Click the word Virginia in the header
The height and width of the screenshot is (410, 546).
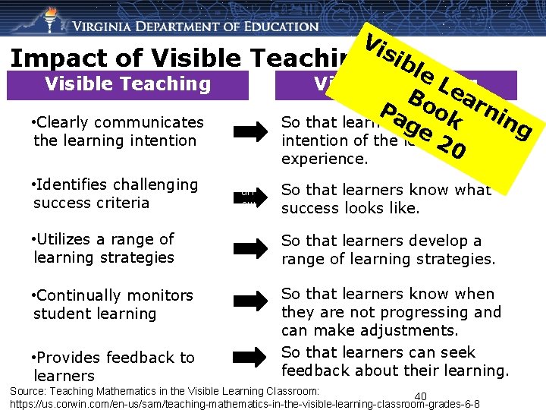pos(111,27)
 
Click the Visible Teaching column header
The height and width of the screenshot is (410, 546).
pos(127,84)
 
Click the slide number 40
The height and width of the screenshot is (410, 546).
pos(421,396)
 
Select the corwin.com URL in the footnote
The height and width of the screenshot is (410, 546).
pos(243,403)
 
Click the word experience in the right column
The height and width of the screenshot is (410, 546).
pos(324,159)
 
